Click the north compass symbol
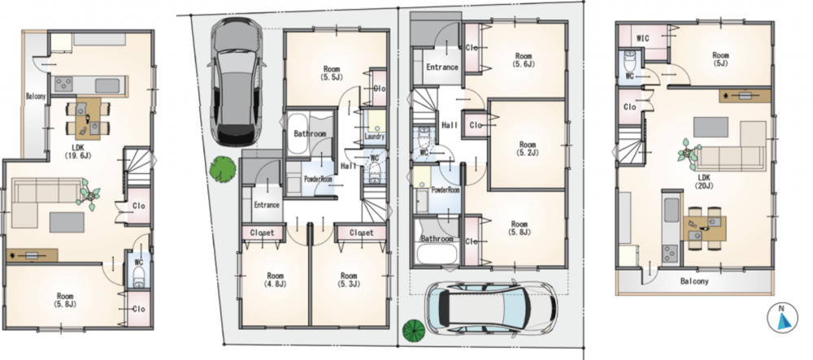pyautogui.click(x=782, y=318)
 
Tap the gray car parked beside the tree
pyautogui.click(x=236, y=82)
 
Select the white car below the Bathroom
pyautogui.click(x=490, y=308)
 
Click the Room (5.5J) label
pyautogui.click(x=332, y=72)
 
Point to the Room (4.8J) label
pyautogui.click(x=275, y=280)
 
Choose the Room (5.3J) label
pyautogui.click(x=349, y=280)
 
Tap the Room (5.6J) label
pyautogui.click(x=523, y=60)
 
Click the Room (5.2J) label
pyautogui.click(x=528, y=149)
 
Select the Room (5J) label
pyautogui.click(x=720, y=59)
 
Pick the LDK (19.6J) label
pyautogui.click(x=78, y=151)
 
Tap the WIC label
pyautogui.click(x=643, y=38)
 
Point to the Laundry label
pyautogui.click(x=374, y=137)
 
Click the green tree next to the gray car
pyautogui.click(x=223, y=169)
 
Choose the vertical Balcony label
pyautogui.click(x=36, y=97)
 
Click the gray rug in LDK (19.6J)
pyautogui.click(x=67, y=222)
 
